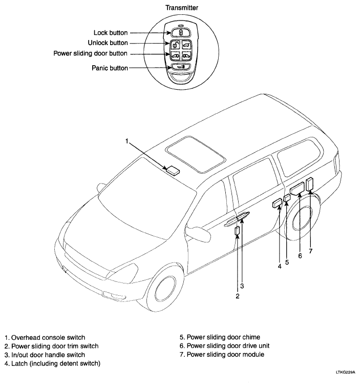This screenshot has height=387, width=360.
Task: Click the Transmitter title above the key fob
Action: tap(182, 8)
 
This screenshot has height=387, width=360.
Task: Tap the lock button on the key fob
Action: tap(180, 32)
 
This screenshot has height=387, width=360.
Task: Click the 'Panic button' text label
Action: tap(110, 68)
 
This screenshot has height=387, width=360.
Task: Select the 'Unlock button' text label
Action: tap(108, 43)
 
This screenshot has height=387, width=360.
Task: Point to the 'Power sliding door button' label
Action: tap(90, 53)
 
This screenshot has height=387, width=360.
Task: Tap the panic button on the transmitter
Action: tap(180, 67)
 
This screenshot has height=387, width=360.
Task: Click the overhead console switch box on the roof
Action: tap(173, 170)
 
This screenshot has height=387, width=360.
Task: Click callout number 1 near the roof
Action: tap(126, 141)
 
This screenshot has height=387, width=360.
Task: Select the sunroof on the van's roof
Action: tap(196, 154)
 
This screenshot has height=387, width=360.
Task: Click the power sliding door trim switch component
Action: tap(237, 231)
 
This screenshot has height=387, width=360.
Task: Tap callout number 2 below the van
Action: tap(238, 296)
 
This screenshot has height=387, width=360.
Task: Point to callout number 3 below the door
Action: tap(242, 286)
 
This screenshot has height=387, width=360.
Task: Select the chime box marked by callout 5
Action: tap(287, 198)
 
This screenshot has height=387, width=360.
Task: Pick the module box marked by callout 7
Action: tap(309, 185)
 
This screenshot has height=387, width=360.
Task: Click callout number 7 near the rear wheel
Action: tap(311, 251)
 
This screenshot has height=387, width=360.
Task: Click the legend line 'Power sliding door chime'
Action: tap(220, 337)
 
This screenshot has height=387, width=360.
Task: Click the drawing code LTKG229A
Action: tap(345, 372)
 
